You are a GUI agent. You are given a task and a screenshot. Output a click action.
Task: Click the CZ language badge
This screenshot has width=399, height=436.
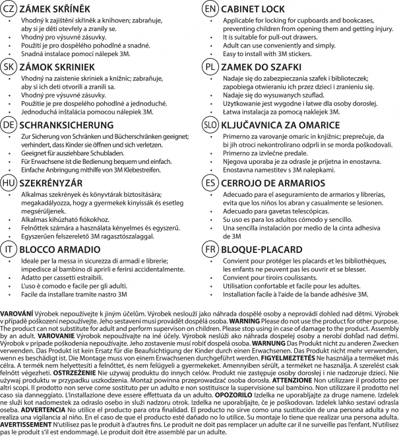click(x=9, y=9)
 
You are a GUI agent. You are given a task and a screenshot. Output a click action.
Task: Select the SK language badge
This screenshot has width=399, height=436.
click(x=9, y=67)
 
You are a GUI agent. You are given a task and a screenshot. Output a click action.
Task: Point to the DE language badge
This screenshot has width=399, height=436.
click(x=9, y=124)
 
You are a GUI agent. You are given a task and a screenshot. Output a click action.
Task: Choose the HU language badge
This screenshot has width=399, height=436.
click(x=9, y=181)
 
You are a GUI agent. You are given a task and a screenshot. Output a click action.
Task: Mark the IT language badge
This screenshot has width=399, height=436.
click(x=9, y=250)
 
